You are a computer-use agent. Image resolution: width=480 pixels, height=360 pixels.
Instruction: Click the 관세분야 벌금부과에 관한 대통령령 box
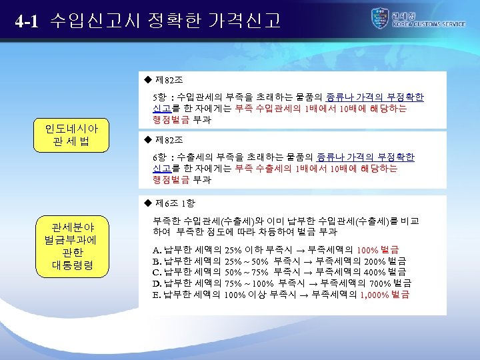coord(71,245)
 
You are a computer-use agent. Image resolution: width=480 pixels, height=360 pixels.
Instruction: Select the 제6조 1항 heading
coord(175,203)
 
